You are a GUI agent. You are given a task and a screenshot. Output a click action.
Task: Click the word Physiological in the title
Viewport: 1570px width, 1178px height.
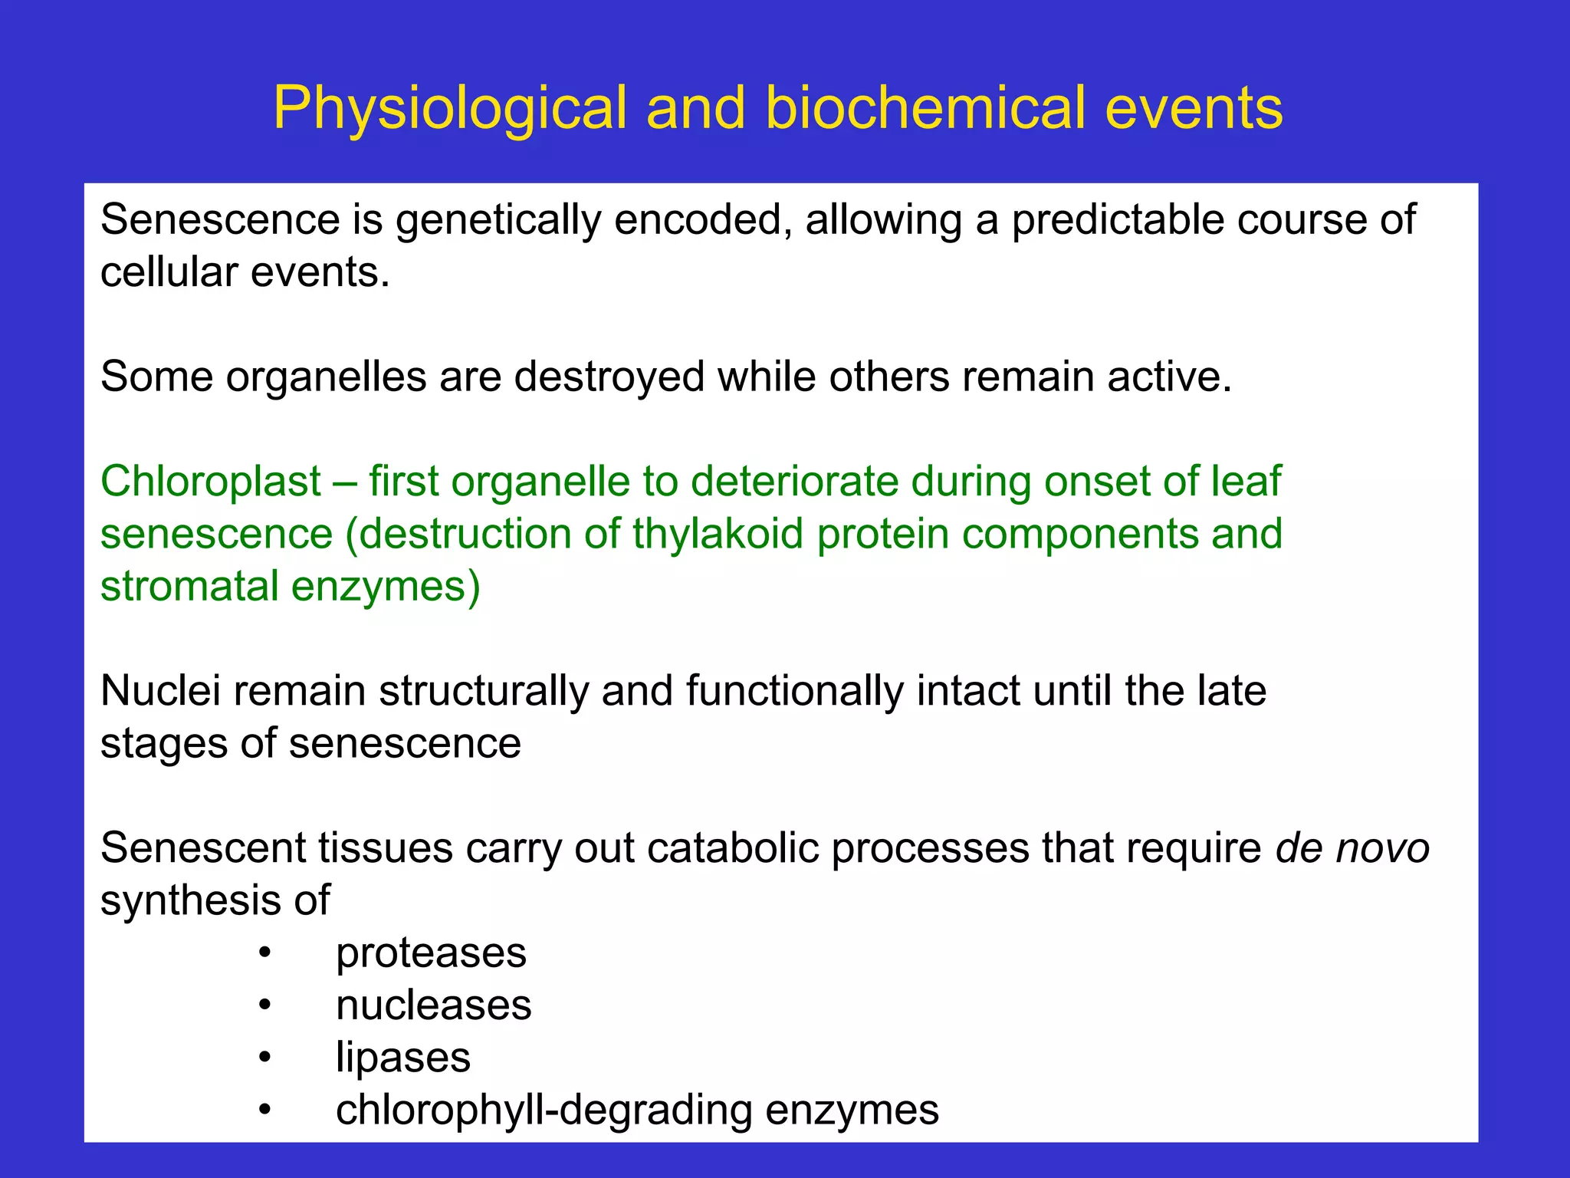coord(450,109)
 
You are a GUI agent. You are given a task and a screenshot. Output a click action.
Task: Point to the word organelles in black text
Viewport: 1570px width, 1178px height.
coord(326,377)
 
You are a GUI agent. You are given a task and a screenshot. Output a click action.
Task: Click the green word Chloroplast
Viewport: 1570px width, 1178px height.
coord(211,482)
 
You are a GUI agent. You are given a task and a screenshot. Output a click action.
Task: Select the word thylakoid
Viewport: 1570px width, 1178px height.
coord(718,534)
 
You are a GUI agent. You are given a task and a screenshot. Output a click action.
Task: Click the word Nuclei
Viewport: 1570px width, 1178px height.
coord(160,690)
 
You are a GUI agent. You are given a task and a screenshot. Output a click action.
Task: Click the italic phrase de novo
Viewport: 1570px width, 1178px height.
coord(1352,848)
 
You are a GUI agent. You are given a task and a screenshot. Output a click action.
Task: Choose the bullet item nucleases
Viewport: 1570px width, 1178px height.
coord(433,1005)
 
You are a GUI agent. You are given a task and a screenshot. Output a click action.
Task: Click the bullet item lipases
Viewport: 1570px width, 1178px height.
coord(403,1058)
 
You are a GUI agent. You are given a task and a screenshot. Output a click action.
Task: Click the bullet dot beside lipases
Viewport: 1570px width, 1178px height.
coord(264,1058)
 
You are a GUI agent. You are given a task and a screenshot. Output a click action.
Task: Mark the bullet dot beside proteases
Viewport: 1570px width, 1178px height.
coord(264,953)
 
